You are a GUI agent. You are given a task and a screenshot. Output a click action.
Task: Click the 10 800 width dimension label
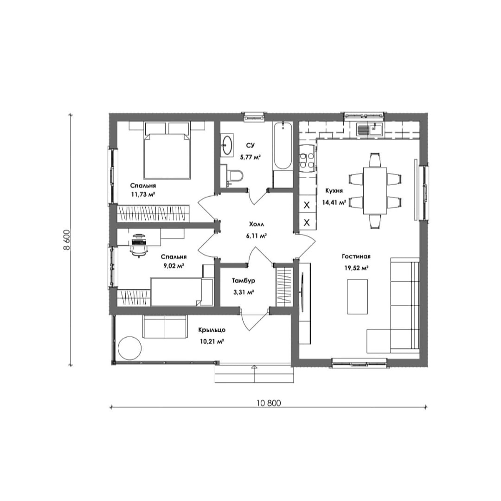(x=269, y=403)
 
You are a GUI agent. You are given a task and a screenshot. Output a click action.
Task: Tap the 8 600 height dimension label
(x=67, y=240)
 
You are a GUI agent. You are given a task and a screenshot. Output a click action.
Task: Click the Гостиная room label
(x=356, y=257)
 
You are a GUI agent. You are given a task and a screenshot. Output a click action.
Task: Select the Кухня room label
(x=334, y=191)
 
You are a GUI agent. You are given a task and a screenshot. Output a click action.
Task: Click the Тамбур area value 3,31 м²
(x=244, y=292)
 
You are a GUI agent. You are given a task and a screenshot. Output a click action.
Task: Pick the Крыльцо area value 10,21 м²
(x=212, y=341)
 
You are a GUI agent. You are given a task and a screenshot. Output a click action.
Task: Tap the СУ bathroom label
(x=250, y=146)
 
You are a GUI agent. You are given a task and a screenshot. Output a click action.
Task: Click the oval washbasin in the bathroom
(x=227, y=145)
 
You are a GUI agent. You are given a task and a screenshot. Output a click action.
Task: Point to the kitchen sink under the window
(x=371, y=129)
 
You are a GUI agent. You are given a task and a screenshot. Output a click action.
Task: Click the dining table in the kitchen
(x=375, y=191)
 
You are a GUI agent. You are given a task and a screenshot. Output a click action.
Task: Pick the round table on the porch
(x=130, y=348)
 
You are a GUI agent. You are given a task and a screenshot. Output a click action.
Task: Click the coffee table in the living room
(x=358, y=296)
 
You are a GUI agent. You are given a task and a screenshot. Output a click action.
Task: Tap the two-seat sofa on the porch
(x=165, y=326)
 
